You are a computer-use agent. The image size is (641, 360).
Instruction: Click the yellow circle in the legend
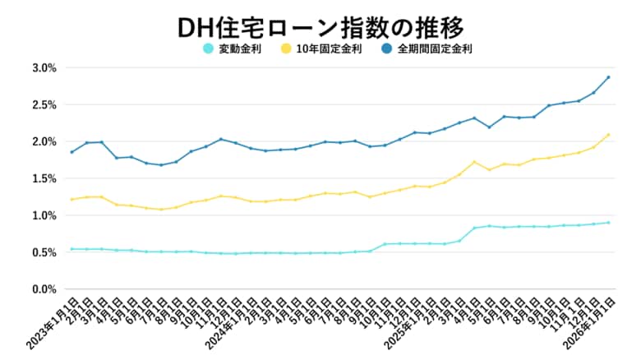pos(285,49)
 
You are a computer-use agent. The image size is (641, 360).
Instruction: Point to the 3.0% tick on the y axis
pos(43,67)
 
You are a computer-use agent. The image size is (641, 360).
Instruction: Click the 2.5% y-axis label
pos(43,104)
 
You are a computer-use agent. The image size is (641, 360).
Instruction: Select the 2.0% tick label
pos(43,141)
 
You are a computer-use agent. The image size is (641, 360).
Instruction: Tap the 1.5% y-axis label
pos(43,178)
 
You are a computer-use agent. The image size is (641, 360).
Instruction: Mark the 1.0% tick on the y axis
pos(43,215)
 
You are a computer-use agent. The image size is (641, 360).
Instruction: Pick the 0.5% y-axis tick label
pos(43,252)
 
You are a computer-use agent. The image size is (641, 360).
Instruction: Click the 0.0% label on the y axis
pos(43,289)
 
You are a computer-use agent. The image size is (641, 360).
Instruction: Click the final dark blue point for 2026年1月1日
pos(608,77)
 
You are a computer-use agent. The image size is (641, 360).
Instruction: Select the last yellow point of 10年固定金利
pos(608,135)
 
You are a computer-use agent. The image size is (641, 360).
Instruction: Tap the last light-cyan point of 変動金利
pos(608,223)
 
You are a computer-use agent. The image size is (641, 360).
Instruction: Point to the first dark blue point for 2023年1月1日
pos(71,152)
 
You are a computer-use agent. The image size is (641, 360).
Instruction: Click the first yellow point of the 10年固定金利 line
pos(71,199)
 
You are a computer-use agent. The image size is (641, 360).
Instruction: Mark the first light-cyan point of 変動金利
pos(71,249)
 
